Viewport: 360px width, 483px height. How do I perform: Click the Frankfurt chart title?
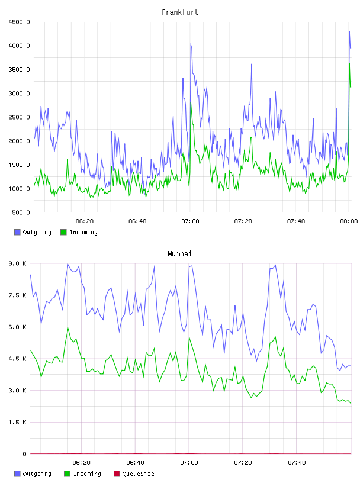(180, 12)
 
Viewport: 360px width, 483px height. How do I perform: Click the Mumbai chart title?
(179, 254)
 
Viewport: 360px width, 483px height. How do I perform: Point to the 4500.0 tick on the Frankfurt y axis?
(19, 22)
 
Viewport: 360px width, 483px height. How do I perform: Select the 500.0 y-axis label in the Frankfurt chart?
(21, 212)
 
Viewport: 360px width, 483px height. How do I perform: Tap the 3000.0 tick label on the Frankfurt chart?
(19, 94)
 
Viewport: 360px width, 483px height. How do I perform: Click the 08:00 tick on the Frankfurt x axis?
(349, 221)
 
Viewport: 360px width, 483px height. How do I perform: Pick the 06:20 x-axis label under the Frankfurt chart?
(85, 221)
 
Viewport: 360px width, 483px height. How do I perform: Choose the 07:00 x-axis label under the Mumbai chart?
(189, 463)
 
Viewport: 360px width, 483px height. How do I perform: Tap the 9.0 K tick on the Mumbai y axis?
(18, 263)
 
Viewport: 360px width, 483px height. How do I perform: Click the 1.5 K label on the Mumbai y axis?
(18, 422)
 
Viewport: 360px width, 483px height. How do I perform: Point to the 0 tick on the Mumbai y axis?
(24, 454)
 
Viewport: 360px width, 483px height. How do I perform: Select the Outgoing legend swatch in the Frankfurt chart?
(17, 232)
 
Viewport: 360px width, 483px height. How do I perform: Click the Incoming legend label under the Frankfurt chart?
(83, 233)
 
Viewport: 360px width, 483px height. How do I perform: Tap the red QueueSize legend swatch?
(117, 474)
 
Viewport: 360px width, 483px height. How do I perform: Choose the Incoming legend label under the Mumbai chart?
(87, 474)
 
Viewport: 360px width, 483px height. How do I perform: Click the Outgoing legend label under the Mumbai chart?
(37, 474)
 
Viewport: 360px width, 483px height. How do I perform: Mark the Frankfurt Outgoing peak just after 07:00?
(191, 44)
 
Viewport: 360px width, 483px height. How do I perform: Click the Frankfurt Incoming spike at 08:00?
(349, 63)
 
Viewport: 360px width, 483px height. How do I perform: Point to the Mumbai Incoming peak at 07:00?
(189, 337)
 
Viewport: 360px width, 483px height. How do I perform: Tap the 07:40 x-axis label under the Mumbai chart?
(297, 463)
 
